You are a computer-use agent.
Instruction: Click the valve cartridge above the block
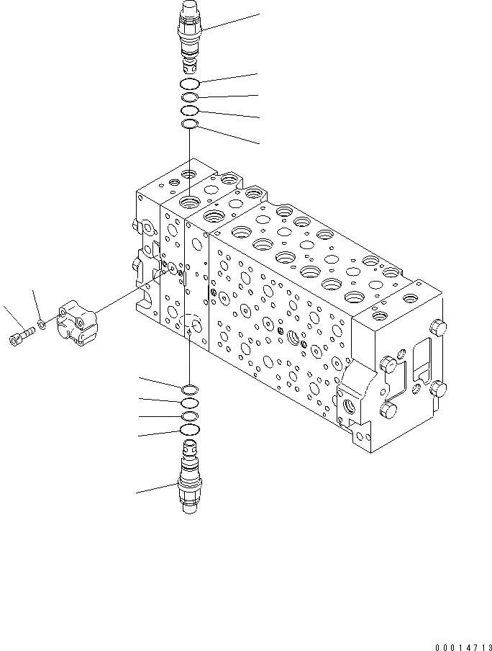(189, 36)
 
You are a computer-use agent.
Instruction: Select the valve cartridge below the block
(189, 482)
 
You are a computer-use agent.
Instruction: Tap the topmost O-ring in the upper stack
(190, 85)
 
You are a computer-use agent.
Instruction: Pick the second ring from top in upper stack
(190, 98)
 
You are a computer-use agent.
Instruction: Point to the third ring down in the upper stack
(190, 111)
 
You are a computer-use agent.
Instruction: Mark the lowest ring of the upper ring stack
(190, 125)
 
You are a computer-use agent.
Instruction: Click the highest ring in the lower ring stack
(190, 389)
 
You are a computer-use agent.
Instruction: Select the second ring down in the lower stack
(190, 403)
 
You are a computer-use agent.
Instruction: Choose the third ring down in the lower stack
(190, 416)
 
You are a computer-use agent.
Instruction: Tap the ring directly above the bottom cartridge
(190, 431)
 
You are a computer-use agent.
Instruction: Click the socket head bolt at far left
(20, 337)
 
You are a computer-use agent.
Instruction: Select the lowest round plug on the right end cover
(389, 412)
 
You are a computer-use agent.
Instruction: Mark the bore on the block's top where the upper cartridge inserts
(190, 201)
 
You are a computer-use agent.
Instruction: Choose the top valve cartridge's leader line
(230, 22)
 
